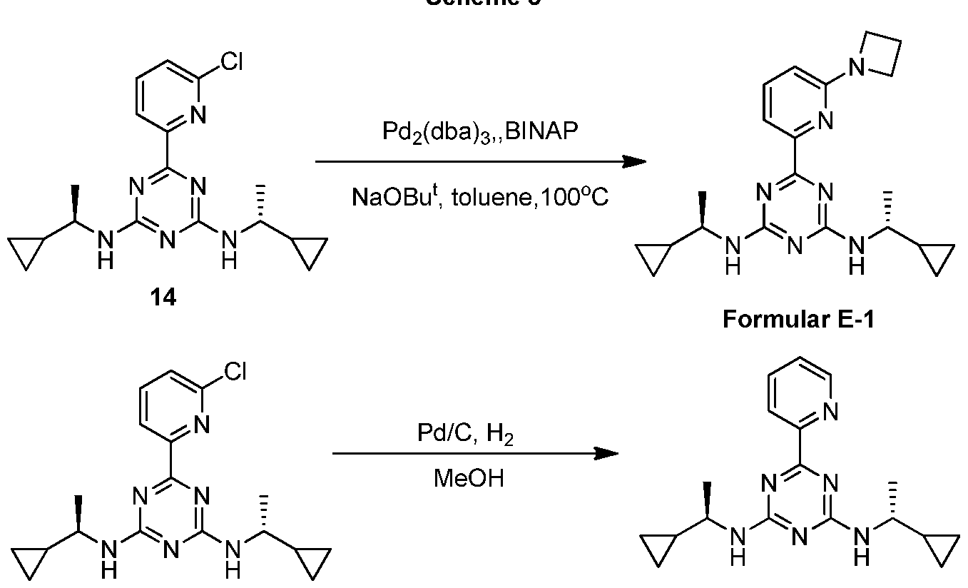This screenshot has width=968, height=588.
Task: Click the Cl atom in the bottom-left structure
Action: pyautogui.click(x=235, y=373)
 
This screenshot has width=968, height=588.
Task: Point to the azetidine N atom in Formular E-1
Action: pyautogui.click(x=859, y=68)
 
